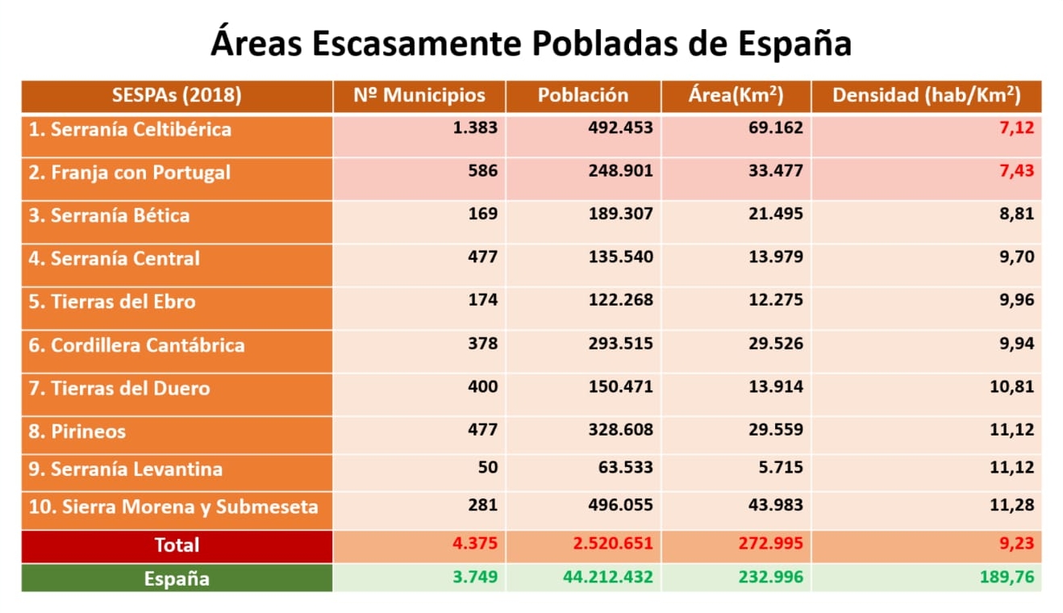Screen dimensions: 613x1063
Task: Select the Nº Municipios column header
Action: (x=419, y=95)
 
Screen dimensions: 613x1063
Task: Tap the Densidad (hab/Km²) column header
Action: (x=926, y=95)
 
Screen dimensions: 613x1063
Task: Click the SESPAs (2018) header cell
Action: (x=177, y=95)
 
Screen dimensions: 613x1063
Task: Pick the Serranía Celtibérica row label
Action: (x=130, y=129)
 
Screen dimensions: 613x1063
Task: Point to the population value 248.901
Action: (x=620, y=171)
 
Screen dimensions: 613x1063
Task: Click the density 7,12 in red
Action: (x=1016, y=127)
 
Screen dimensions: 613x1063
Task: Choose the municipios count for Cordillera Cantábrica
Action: (x=482, y=344)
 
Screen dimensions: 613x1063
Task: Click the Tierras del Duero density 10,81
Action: (x=1011, y=386)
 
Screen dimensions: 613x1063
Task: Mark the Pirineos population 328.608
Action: (x=620, y=430)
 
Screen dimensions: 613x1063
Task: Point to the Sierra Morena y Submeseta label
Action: (x=173, y=507)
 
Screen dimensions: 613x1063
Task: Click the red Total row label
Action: (x=177, y=545)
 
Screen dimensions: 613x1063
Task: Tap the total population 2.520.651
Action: (x=613, y=544)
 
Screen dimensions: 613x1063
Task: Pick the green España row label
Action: (x=177, y=578)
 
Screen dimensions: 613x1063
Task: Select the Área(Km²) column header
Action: (x=736, y=95)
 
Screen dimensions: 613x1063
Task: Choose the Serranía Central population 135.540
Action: (x=620, y=257)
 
